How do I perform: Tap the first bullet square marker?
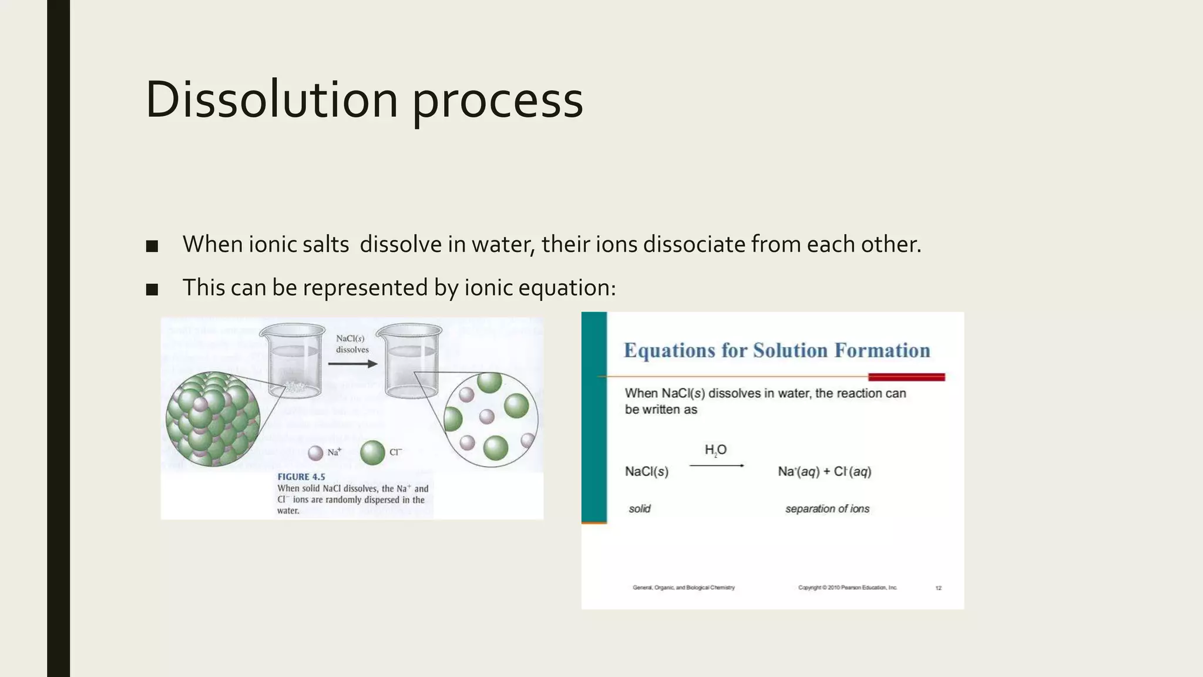coord(152,246)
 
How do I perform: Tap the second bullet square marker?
coord(152,289)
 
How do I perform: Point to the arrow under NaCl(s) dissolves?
coord(352,364)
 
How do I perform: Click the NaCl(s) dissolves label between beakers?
coord(352,344)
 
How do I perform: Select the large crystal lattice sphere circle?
coord(213,419)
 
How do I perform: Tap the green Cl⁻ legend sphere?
coord(372,453)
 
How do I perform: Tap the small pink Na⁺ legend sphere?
coord(316,453)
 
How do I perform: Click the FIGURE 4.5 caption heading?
coord(301,477)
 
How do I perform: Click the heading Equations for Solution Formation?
coord(777,350)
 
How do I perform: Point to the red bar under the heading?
coord(906,377)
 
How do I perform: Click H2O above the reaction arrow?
coord(715,450)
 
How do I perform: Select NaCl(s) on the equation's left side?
coord(646,471)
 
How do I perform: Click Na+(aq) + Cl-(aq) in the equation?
coord(824,471)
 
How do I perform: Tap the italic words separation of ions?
coord(827,509)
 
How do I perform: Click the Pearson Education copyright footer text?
coord(847,588)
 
